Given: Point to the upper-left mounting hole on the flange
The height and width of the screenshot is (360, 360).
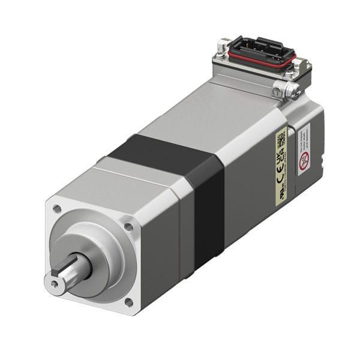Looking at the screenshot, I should tap(57, 209).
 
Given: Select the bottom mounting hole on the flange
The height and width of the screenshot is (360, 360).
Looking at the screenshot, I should tap(128, 302).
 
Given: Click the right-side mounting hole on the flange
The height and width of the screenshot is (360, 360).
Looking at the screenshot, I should tap(128, 227).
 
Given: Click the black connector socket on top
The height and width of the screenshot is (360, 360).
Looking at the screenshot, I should tap(260, 50).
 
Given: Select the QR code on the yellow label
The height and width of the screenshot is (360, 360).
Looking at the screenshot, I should tap(281, 143).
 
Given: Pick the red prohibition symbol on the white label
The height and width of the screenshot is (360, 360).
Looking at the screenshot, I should tap(304, 160).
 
